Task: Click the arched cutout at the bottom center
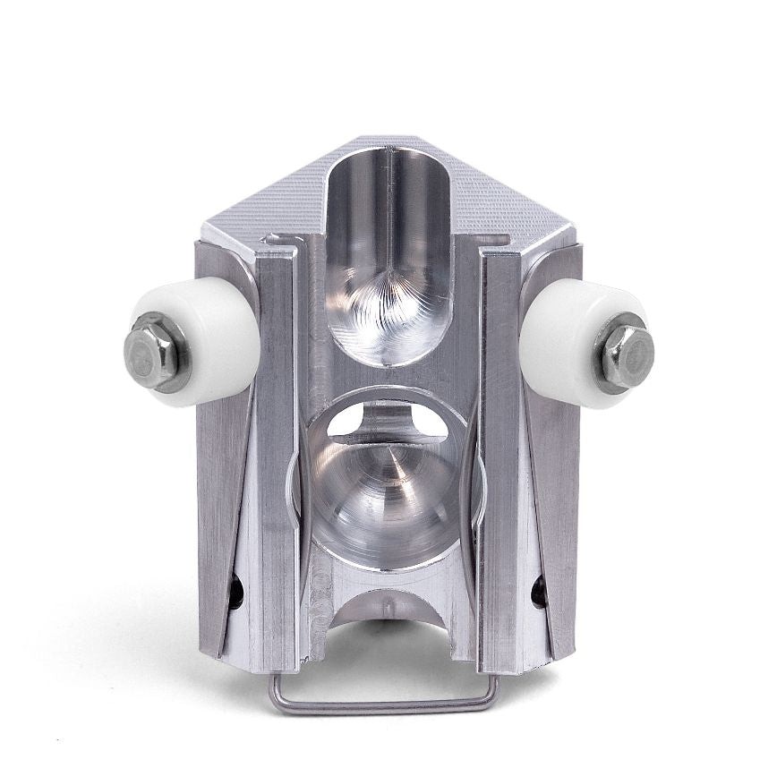(388, 627)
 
